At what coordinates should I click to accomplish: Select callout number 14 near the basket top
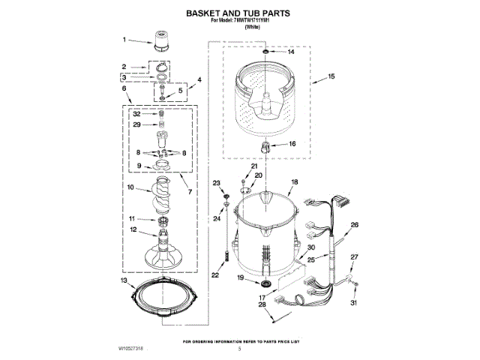click(292, 52)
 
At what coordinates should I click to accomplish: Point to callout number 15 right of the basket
click(331, 76)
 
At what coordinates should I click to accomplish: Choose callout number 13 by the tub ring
click(123, 280)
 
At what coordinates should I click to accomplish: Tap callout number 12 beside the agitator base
click(132, 229)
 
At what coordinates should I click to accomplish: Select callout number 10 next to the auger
click(130, 187)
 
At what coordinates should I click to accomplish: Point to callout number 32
click(137, 113)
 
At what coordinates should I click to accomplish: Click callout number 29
click(137, 124)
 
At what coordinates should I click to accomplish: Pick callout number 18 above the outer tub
click(294, 182)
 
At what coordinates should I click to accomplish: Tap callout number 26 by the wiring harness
click(355, 224)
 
